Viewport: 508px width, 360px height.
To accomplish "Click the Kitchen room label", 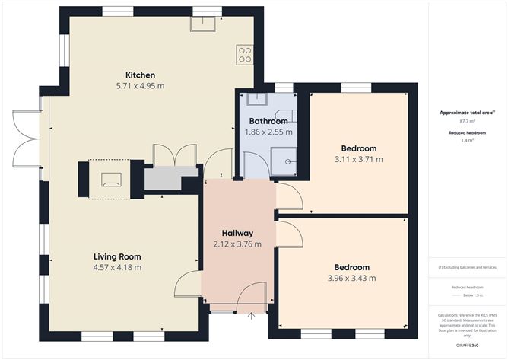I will [x=141, y=75].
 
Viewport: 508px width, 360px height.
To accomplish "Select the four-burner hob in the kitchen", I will [x=245, y=53].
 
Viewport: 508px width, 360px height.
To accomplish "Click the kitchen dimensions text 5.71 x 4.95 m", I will [x=141, y=86].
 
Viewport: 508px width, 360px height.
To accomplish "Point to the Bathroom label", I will [x=268, y=121].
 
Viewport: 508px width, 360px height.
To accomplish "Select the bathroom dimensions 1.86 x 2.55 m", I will [x=268, y=132].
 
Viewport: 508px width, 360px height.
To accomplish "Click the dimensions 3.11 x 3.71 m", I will [x=358, y=159].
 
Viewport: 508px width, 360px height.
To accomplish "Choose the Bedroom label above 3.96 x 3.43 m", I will [x=352, y=267].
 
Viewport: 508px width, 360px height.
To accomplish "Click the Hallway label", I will [x=237, y=233].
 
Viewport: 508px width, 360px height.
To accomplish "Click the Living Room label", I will [x=117, y=256].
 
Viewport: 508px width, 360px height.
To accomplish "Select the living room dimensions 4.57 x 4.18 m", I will [x=117, y=268].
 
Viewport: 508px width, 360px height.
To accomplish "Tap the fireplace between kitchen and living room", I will [x=110, y=180].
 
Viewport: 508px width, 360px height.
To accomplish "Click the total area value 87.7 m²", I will [x=467, y=121].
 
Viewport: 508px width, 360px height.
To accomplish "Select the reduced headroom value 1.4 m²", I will [x=467, y=140].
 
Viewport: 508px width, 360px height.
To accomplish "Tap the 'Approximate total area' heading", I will [x=466, y=112].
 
